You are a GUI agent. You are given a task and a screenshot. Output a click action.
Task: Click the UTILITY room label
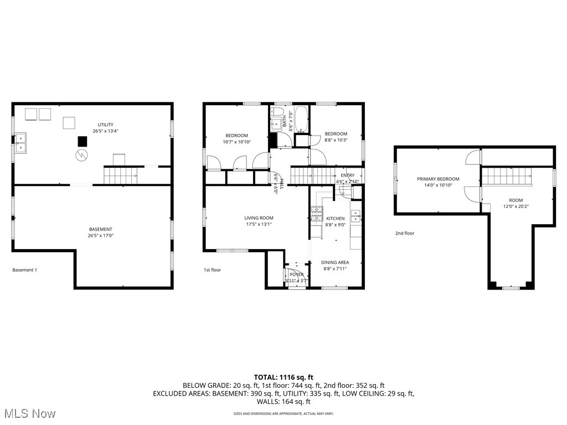[x=105, y=125]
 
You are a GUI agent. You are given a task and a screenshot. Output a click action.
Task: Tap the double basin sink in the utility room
[x=20, y=142]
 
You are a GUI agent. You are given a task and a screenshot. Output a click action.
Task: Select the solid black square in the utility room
[x=82, y=141]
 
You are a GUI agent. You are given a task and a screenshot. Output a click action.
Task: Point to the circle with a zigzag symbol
[x=81, y=155]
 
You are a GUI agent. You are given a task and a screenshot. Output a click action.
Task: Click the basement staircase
[x=121, y=176]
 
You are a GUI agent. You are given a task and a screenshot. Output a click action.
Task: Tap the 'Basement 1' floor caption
[x=24, y=270]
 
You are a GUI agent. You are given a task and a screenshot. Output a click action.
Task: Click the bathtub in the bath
[x=301, y=119]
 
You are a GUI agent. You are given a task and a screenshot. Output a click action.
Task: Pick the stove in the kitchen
[x=316, y=214]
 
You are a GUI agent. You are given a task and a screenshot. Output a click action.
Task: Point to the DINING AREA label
[x=336, y=262]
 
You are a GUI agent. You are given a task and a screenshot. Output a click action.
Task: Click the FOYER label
[x=296, y=274]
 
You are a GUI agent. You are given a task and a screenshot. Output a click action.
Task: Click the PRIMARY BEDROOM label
[x=438, y=179]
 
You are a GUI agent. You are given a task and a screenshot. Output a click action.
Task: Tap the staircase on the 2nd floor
[x=506, y=177]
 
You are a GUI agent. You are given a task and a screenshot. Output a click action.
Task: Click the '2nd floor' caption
[x=404, y=234]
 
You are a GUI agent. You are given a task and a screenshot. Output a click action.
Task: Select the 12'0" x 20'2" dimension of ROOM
[x=516, y=207]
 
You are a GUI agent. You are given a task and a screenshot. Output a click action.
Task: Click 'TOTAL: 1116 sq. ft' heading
[x=283, y=377]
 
